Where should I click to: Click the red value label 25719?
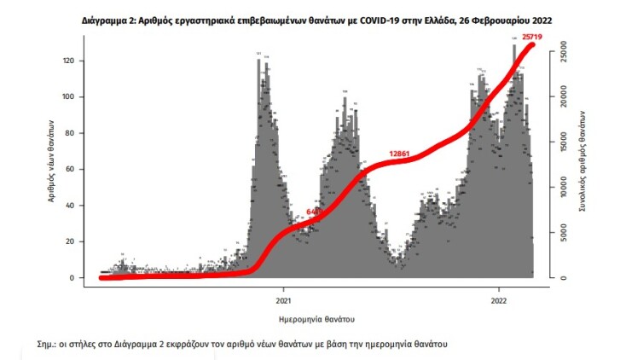click(535, 38)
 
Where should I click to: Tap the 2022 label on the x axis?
click(500, 300)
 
